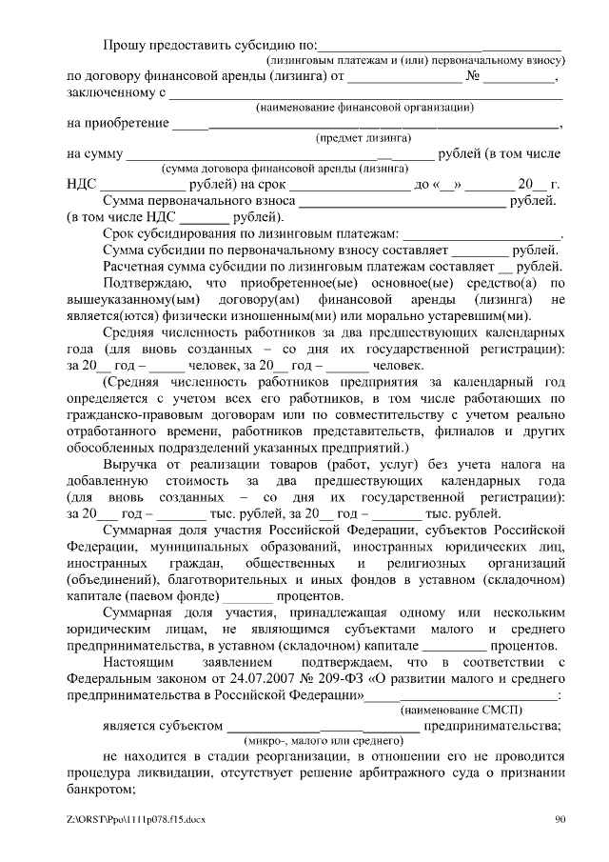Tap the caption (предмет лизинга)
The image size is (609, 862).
pyautogui.click(x=358, y=137)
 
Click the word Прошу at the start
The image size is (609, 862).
pyautogui.click(x=127, y=44)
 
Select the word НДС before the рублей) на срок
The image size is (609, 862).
pyautogui.click(x=83, y=185)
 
